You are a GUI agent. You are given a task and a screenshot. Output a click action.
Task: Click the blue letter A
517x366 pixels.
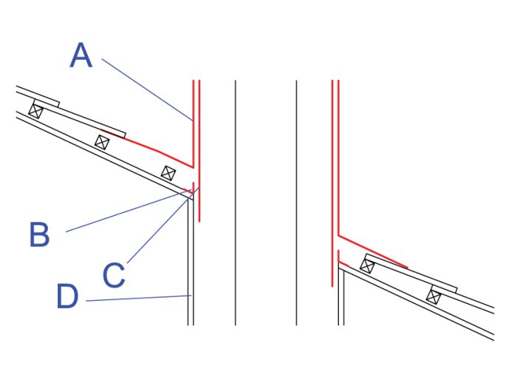tap(81, 55)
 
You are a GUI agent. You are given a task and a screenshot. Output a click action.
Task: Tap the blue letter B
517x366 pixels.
tap(39, 234)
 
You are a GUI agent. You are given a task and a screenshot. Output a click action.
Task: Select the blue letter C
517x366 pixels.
tap(114, 275)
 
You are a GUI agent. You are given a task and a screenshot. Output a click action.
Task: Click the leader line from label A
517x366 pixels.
tap(147, 89)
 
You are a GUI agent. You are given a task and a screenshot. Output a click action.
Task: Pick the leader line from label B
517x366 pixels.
tap(129, 211)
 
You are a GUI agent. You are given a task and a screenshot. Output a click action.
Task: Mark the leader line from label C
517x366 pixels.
tap(163, 225)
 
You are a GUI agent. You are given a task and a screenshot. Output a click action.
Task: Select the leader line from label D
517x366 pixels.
tap(139, 298)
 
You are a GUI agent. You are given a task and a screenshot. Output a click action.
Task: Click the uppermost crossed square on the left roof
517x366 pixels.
tap(35, 111)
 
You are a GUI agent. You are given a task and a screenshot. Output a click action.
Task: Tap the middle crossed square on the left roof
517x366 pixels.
tap(102, 142)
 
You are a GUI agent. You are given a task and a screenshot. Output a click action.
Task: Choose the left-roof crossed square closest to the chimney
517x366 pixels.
tap(168, 173)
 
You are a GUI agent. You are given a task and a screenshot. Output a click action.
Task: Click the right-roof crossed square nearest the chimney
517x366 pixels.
tap(367, 265)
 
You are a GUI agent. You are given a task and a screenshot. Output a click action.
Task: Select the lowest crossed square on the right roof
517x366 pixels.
tap(434, 296)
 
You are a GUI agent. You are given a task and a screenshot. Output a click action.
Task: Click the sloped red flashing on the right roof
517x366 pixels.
tap(373, 251)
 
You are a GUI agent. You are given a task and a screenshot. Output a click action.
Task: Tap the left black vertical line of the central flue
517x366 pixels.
tap(235, 203)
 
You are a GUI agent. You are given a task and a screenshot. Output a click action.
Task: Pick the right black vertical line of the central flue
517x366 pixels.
tap(296, 203)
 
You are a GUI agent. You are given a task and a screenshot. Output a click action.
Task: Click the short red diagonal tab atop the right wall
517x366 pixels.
tap(343, 264)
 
